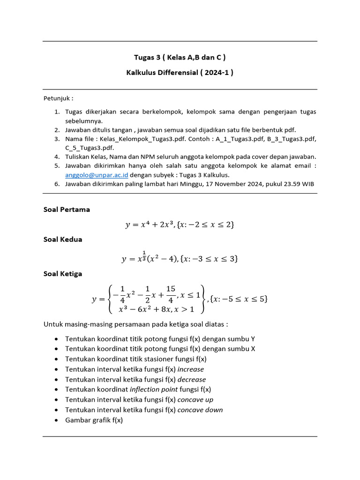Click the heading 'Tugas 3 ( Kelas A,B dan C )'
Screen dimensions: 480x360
[x=180, y=58]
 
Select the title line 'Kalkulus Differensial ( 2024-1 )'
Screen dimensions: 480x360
[x=180, y=73]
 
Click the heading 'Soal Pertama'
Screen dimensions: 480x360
[x=67, y=210]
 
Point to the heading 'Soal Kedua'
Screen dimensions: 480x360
[x=63, y=239]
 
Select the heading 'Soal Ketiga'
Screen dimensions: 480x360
[x=63, y=273]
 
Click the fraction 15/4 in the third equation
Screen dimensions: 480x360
[x=171, y=294]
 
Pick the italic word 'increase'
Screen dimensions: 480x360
[x=190, y=369]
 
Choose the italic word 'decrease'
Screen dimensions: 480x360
[x=191, y=379]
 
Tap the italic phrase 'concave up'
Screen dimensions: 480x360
[x=195, y=399]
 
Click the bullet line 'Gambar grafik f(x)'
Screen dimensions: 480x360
[x=94, y=420]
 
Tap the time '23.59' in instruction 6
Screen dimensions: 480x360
[x=291, y=184]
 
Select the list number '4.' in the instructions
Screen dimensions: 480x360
[x=56, y=157]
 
